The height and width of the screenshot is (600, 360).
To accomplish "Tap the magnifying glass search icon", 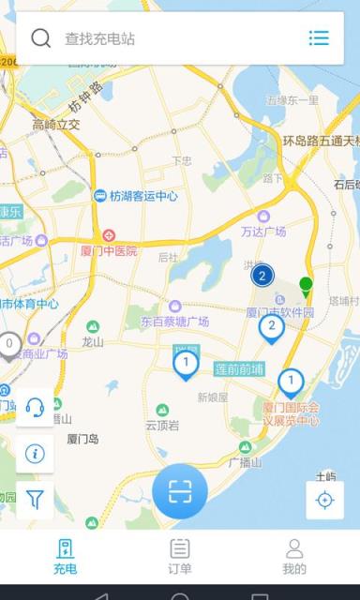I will [41, 38].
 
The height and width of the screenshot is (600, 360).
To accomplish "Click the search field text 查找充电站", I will [100, 39].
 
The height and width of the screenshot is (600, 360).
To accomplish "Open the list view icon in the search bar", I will [319, 38].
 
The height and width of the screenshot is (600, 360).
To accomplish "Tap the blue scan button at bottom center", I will [180, 490].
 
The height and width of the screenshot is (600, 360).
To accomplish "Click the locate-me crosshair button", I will [324, 500].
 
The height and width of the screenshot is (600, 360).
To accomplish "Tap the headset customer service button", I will [35, 407].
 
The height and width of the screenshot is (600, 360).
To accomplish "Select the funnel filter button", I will [35, 499].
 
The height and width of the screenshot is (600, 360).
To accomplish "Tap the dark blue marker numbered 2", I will [262, 275].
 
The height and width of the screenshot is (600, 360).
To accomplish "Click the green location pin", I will [306, 285].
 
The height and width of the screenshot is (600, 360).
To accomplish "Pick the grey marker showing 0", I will [9, 345].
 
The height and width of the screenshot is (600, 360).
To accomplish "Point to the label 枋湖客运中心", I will [142, 197].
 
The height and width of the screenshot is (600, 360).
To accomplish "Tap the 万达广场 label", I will [262, 231].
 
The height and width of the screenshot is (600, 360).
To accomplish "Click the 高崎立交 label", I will [56, 125].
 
